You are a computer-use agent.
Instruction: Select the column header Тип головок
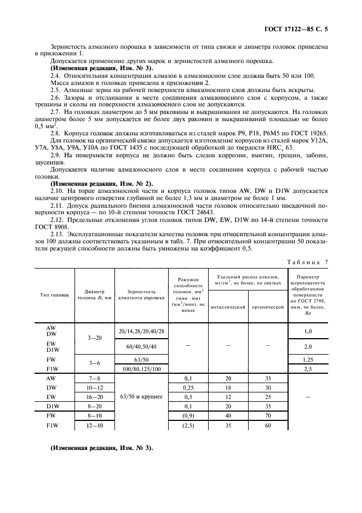[55, 294]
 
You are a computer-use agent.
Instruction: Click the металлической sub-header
[227, 307]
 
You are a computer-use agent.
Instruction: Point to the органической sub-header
[267, 307]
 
